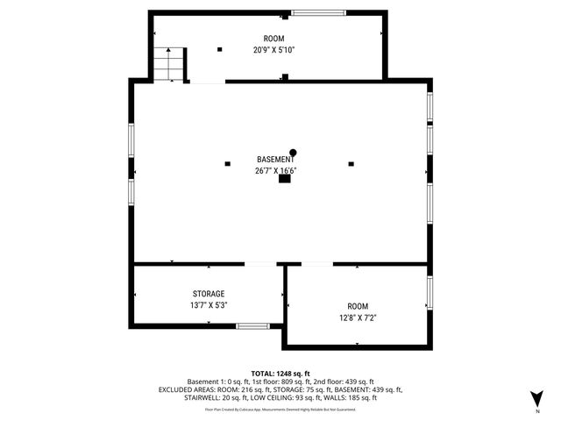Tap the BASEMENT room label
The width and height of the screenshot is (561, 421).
tap(275, 160)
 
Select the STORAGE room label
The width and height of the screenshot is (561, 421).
tap(209, 294)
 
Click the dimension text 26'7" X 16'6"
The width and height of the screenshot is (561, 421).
tap(275, 171)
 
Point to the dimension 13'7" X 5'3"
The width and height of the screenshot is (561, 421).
tap(209, 305)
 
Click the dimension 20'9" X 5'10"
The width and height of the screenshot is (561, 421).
tap(274, 50)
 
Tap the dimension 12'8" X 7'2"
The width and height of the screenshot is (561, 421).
tap(358, 318)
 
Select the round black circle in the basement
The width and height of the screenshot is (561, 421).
tap(294, 151)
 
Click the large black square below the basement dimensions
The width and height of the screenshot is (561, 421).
tap(284, 180)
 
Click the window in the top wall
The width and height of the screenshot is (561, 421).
tap(317, 12)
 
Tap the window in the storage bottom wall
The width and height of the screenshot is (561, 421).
tap(253, 326)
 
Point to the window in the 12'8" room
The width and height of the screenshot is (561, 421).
tap(430, 292)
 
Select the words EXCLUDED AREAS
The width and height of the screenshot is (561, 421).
tap(188, 389)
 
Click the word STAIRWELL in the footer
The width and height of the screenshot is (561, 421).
tap(203, 397)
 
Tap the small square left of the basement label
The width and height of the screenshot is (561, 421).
tap(228, 163)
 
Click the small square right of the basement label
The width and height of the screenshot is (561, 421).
tap(352, 163)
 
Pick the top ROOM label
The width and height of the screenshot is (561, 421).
tap(274, 39)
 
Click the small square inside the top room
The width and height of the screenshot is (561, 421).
tap(220, 48)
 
